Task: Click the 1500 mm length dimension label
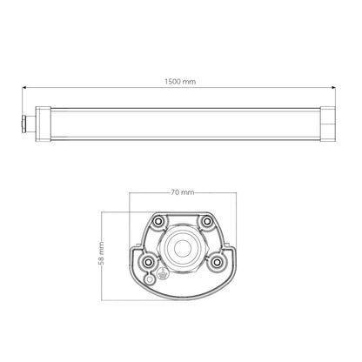click(180, 82)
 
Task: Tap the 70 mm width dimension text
click(183, 192)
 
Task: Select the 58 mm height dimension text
click(101, 252)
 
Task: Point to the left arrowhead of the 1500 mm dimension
click(24, 87)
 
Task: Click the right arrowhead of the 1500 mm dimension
click(333, 87)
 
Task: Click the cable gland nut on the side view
click(23, 124)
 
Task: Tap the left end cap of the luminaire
click(43, 124)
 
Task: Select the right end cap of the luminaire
click(328, 124)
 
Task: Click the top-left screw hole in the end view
click(158, 222)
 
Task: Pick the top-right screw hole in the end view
click(207, 222)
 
